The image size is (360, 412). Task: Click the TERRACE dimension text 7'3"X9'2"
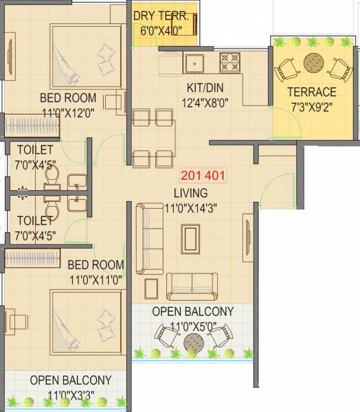tap(312, 105)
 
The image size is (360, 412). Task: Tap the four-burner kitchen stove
tap(229, 63)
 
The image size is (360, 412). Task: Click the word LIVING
tap(190, 193)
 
